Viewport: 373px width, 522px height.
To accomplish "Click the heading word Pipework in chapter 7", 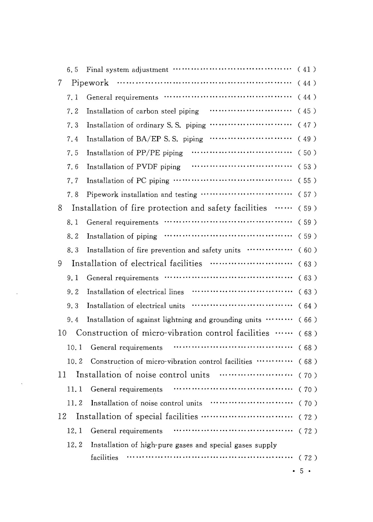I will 90,83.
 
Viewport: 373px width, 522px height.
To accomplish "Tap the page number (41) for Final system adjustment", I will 307,69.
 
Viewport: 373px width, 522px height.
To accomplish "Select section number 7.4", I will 73,139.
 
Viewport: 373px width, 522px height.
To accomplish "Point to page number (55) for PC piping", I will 307,180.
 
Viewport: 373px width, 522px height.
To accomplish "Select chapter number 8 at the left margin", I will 60,208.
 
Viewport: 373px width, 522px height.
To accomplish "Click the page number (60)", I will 307,250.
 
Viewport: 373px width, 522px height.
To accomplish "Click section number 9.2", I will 73,292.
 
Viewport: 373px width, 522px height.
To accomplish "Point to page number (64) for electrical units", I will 307,306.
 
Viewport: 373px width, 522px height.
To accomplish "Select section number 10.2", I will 75,361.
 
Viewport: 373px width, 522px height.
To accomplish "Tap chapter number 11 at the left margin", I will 62,375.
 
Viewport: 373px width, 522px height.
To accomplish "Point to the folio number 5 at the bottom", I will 302,471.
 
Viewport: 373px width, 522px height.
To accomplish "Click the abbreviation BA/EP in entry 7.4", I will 147,139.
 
